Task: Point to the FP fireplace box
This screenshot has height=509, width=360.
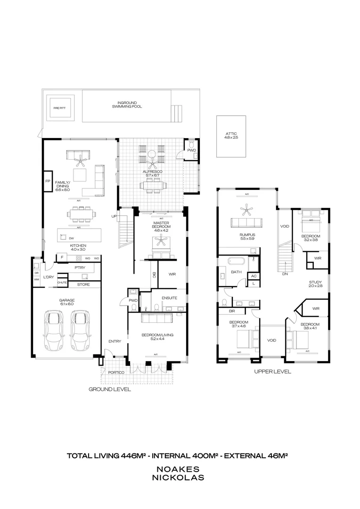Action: [x=48, y=181]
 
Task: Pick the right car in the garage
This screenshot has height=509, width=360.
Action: [x=81, y=330]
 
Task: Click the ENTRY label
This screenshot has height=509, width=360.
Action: [x=115, y=341]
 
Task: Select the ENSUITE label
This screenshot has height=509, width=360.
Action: [x=169, y=297]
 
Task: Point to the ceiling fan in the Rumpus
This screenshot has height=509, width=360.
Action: [x=245, y=207]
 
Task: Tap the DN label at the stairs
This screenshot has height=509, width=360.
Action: [x=285, y=274]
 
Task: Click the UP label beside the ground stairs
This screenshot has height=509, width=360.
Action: [x=114, y=216]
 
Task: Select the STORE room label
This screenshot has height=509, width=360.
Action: [x=83, y=284]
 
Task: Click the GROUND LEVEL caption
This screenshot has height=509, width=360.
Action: [x=110, y=390]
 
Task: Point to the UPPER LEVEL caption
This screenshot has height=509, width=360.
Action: [x=272, y=371]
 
